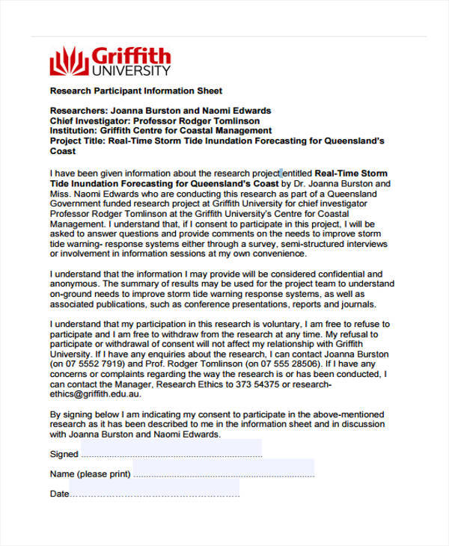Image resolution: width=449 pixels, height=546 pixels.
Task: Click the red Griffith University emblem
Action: [68, 61]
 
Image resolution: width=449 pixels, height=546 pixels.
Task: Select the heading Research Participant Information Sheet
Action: [135, 91]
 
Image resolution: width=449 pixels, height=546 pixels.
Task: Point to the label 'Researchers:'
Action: [76, 111]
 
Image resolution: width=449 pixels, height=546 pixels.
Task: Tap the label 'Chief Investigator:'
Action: [89, 120]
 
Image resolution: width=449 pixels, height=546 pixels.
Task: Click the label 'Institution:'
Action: [73, 130]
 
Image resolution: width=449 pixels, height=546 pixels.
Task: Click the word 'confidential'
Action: [337, 274]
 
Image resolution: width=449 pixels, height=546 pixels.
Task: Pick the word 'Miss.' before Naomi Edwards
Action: [62, 193]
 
